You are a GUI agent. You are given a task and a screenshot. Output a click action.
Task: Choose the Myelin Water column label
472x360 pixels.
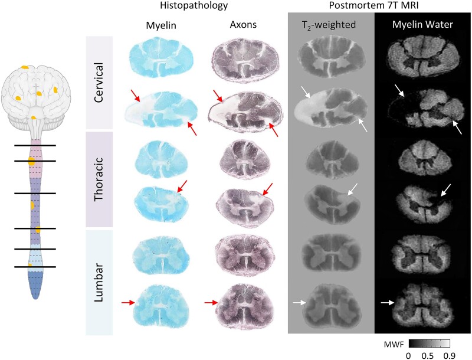422,26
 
